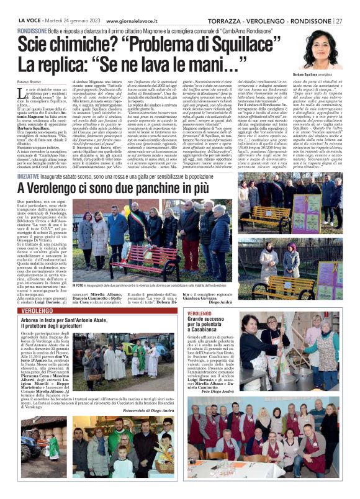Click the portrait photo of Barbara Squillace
click(x=322, y=50)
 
